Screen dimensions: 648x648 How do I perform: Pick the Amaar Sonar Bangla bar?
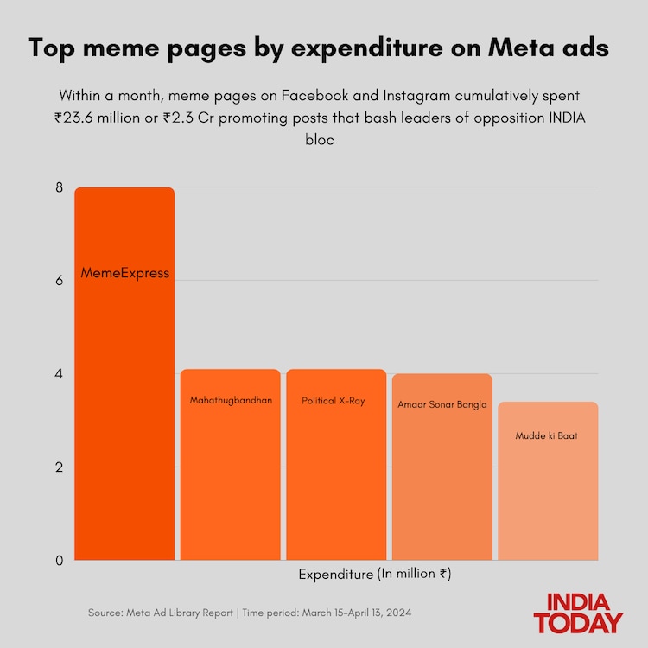pos(442,467)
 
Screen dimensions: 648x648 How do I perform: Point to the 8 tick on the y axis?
pos(60,187)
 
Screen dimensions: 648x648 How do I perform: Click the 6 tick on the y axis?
pos(60,281)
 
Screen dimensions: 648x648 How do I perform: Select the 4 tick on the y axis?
pos(60,374)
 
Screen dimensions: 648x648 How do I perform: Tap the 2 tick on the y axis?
pos(60,467)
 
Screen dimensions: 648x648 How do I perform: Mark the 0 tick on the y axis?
pos(60,561)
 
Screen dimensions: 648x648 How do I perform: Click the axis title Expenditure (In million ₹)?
pos(375,574)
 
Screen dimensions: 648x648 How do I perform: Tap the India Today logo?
pos(578,613)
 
